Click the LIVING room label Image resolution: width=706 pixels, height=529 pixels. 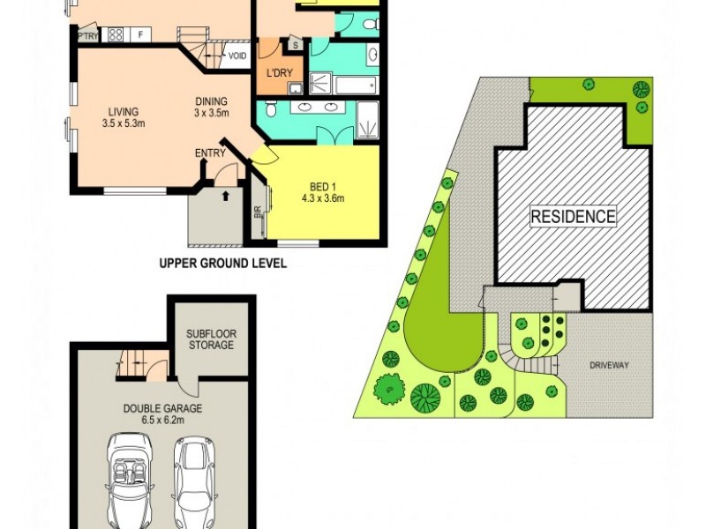(124, 110)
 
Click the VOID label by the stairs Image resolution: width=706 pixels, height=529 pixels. (237, 56)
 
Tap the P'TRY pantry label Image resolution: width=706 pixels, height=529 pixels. (87, 36)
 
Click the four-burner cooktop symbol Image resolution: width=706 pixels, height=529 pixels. (115, 35)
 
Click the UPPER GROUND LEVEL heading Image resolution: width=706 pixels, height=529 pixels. (222, 263)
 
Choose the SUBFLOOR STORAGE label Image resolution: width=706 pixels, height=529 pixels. (210, 339)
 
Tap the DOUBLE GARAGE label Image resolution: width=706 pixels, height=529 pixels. (162, 408)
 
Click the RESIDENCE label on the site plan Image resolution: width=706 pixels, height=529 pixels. (573, 216)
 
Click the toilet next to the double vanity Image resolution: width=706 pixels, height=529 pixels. (272, 108)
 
